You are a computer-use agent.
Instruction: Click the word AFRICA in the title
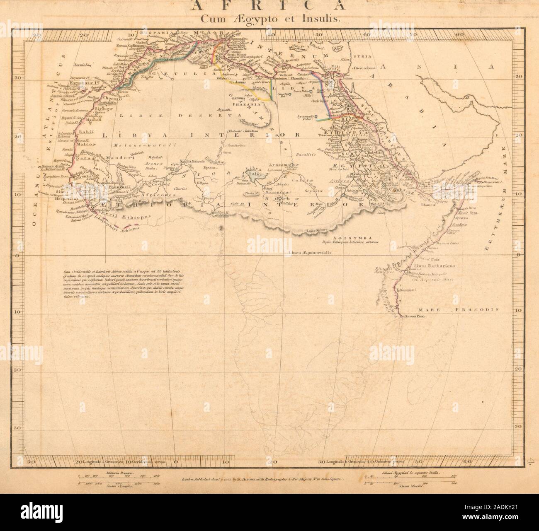[x=269, y=6]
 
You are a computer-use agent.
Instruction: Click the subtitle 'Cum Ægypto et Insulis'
[x=269, y=18]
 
